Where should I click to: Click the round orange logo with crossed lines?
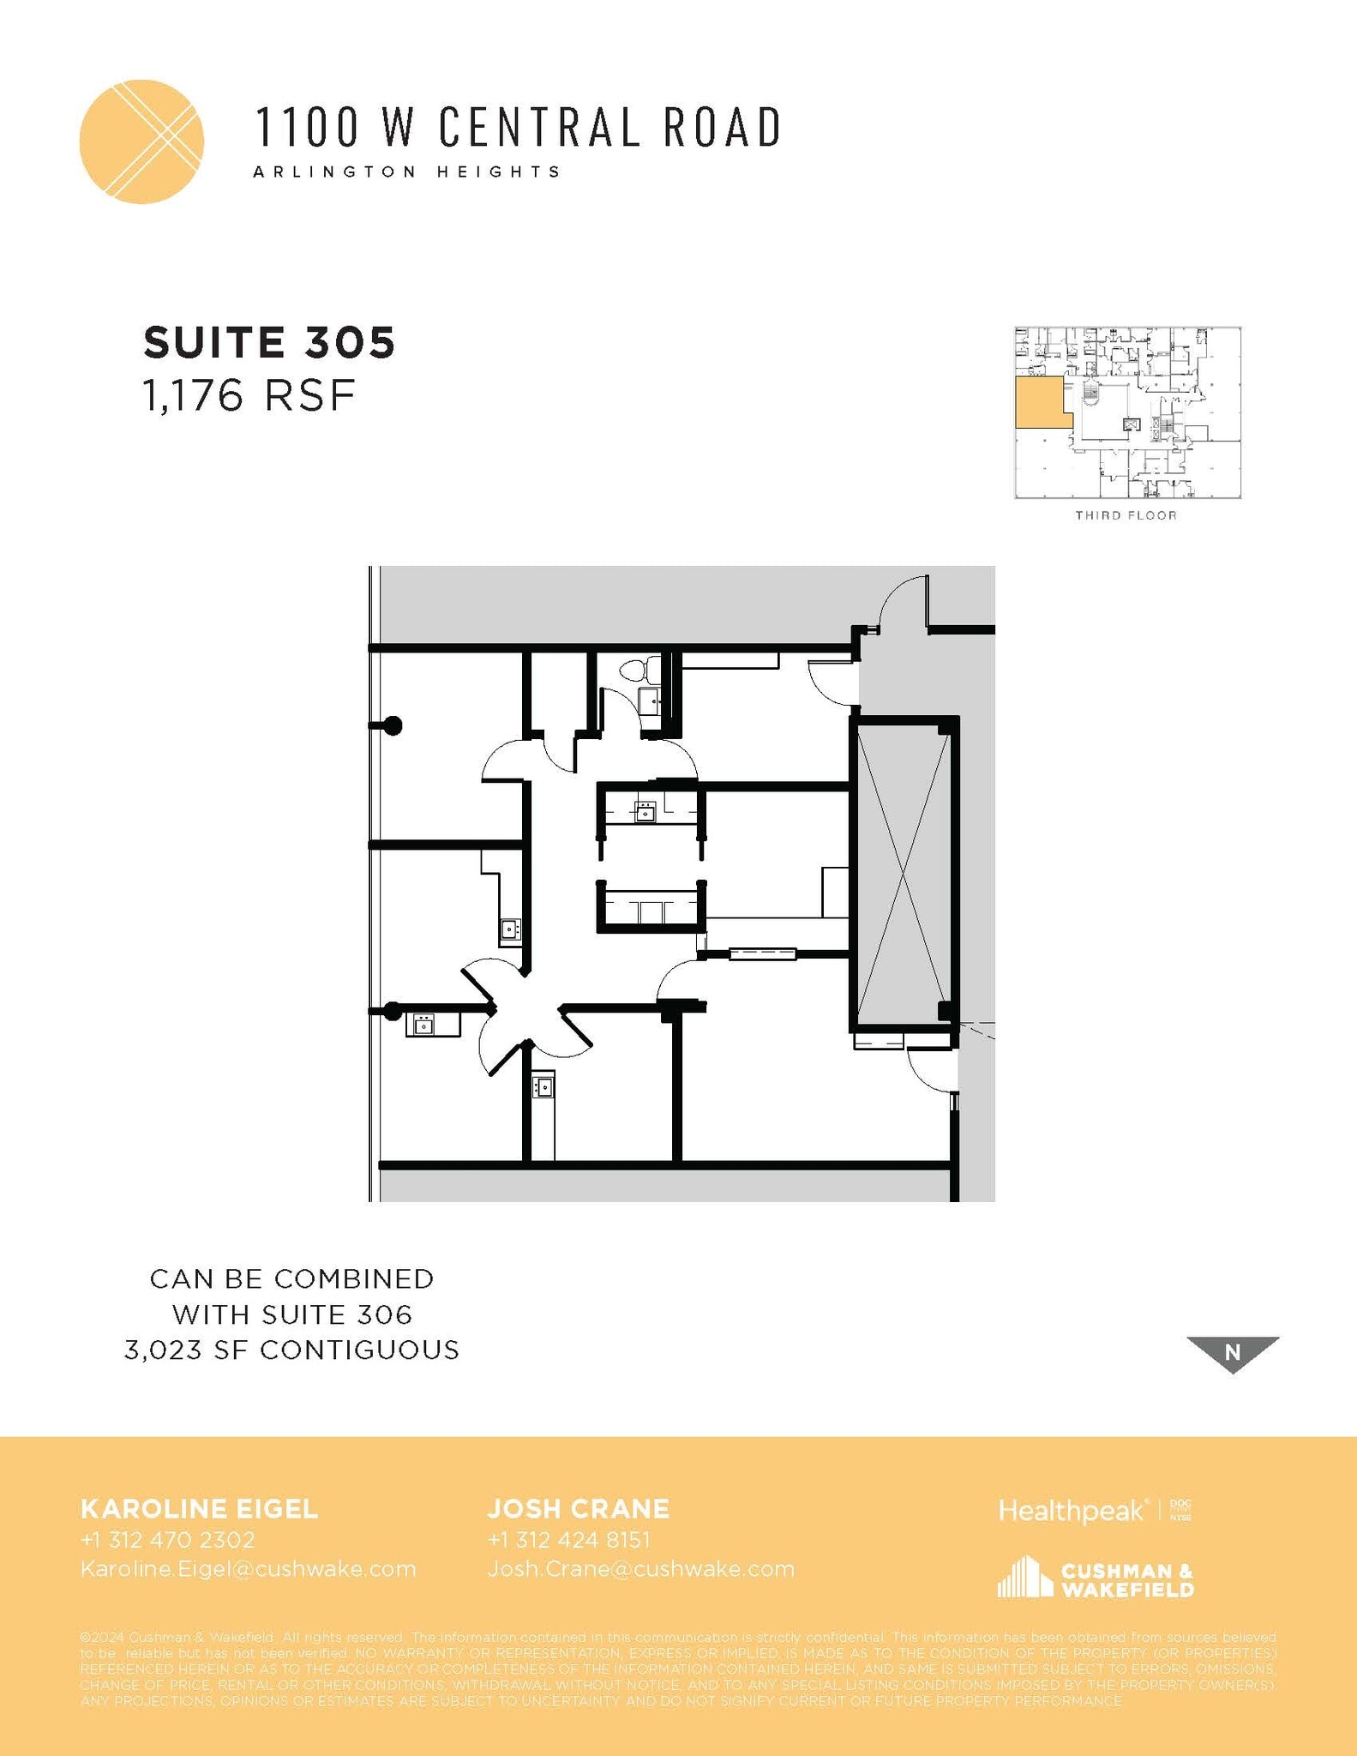pos(141,141)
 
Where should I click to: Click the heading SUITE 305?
pos(269,342)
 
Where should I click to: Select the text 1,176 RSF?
pos(249,396)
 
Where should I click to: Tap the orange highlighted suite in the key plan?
pos(1041,403)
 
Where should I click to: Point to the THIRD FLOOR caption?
pos(1126,515)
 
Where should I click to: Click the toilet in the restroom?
pos(638,670)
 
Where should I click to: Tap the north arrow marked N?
pos(1233,1352)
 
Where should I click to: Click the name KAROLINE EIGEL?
pos(199,1509)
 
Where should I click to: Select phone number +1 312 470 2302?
pos(168,1540)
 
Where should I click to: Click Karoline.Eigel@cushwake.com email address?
pos(248,1569)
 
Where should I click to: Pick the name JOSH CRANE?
pos(579,1509)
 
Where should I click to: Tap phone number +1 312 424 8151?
pos(569,1540)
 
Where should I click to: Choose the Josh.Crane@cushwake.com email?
pos(641,1569)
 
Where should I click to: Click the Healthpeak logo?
pos(1072,1511)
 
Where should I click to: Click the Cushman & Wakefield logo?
pos(1096,1578)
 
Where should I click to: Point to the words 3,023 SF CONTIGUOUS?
pos(292,1350)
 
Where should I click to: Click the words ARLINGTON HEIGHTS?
pos(407,171)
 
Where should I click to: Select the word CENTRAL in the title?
pos(539,127)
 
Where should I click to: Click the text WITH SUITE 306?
pos(292,1314)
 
